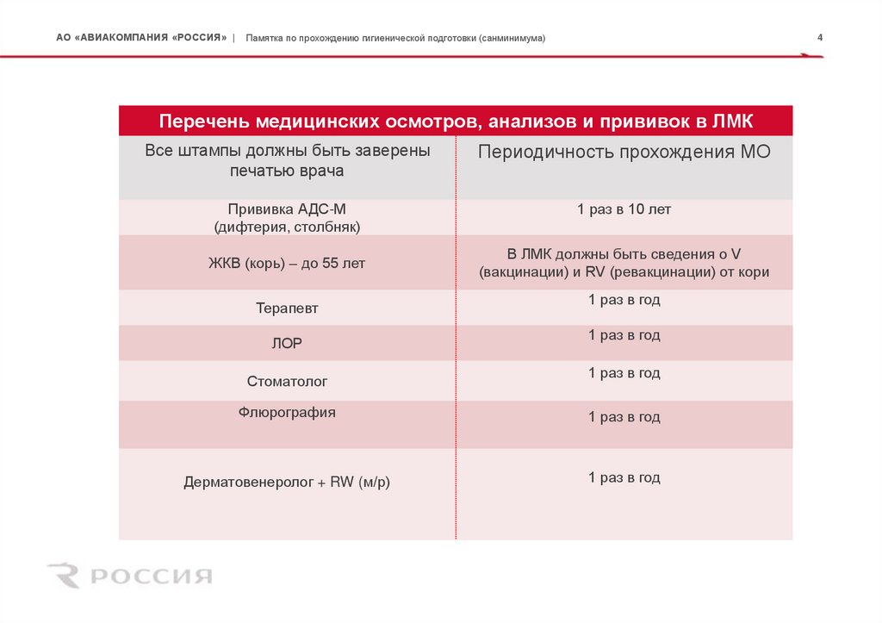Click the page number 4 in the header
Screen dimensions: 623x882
820,38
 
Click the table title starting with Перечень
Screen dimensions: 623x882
457,121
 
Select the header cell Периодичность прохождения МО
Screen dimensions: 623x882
624,153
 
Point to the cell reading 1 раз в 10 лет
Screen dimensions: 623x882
624,209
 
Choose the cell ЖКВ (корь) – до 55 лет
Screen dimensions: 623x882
288,264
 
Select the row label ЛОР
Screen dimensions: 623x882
287,343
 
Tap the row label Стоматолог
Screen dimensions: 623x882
287,380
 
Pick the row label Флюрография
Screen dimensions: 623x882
287,413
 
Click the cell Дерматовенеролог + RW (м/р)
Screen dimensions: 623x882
287,483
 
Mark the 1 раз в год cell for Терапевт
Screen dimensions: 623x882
624,300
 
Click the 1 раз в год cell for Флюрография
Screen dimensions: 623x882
624,417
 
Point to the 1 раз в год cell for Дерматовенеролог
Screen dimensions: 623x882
624,477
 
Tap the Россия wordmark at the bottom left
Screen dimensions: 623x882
152,576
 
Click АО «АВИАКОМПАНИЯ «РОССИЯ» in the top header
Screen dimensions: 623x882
141,39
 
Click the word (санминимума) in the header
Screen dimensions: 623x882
508,39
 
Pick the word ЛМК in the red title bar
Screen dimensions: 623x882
732,121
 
